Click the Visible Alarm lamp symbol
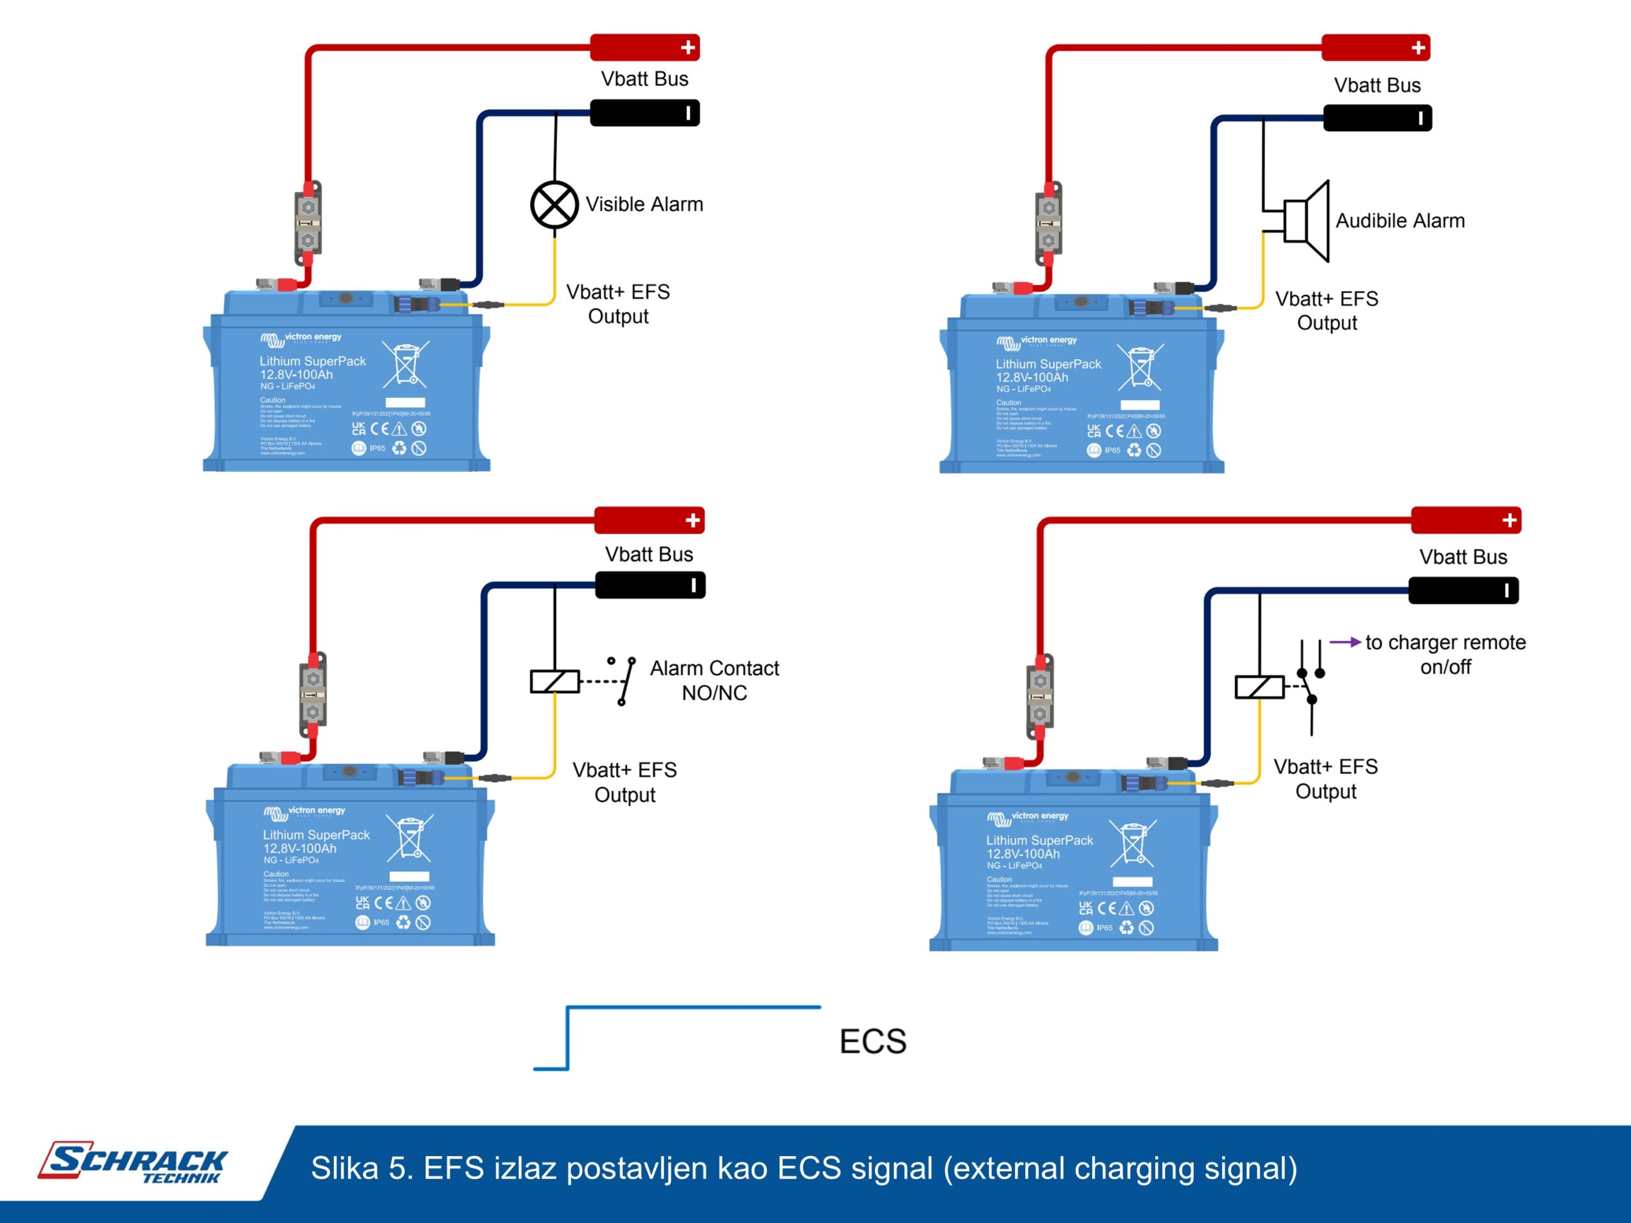tap(554, 205)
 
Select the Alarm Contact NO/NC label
tap(714, 680)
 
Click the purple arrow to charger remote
tap(1345, 642)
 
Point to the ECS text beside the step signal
tap(873, 1041)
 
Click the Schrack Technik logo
tap(133, 1162)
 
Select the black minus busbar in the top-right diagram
tap(1377, 118)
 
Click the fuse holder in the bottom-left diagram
tap(313, 694)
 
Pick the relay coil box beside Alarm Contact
tap(554, 681)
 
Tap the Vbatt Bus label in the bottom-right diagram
tap(1463, 557)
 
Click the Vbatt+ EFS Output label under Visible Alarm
tap(618, 304)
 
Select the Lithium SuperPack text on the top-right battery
tap(1048, 364)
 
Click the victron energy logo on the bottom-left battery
tap(305, 812)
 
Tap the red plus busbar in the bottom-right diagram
tap(1466, 520)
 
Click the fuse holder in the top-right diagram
tap(1049, 223)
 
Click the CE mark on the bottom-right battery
tap(1107, 908)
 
